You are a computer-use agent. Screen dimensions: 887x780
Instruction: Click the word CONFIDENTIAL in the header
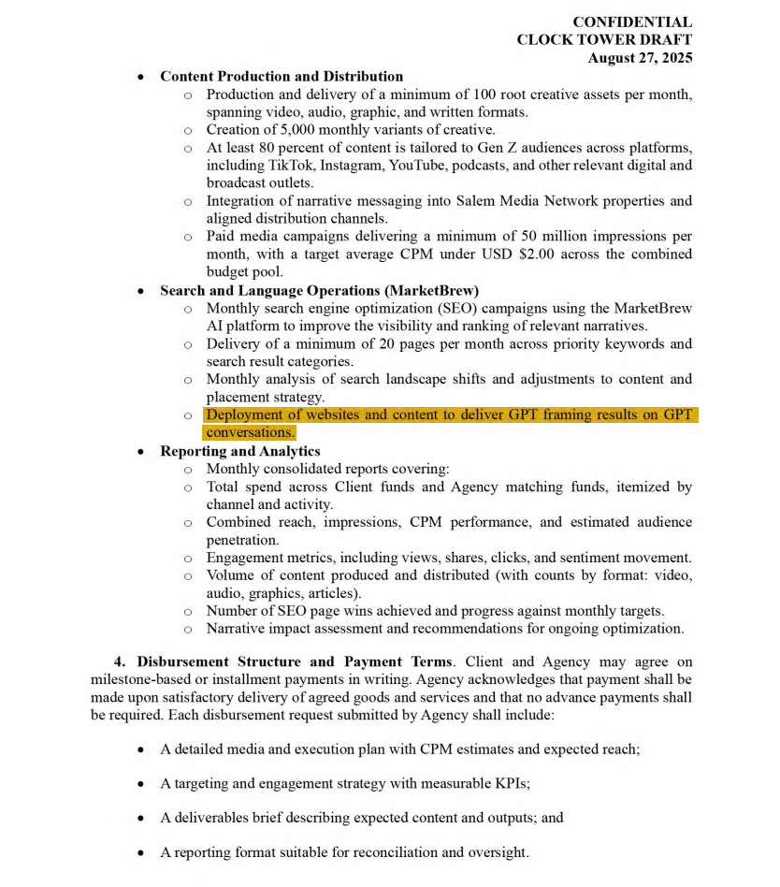[x=632, y=22]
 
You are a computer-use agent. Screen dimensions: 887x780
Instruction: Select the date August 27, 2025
[x=640, y=57]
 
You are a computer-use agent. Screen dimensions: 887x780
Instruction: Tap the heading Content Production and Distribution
[x=282, y=76]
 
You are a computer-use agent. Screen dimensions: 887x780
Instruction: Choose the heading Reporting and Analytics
[x=239, y=451]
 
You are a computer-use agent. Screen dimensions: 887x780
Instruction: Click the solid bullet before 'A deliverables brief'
[x=140, y=818]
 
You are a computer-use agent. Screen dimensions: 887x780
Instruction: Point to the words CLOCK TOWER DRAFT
[x=604, y=39]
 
